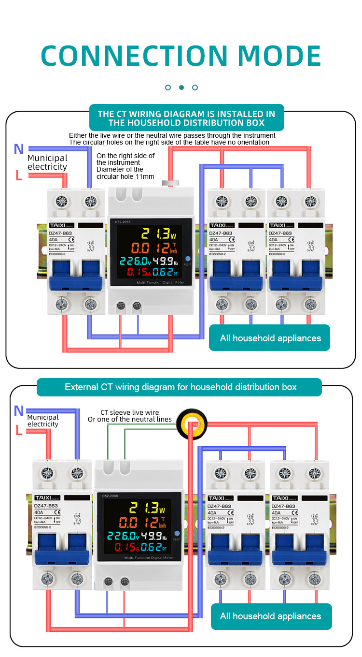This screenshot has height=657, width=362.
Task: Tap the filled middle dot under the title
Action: [x=181, y=88]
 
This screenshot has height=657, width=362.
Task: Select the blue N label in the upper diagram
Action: [x=19, y=149]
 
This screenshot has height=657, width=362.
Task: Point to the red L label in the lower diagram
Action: [x=19, y=430]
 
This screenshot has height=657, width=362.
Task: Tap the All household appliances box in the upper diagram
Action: [x=269, y=338]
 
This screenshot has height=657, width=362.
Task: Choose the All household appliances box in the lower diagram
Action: [x=271, y=616]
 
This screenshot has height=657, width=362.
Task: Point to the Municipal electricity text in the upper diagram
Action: [x=47, y=162]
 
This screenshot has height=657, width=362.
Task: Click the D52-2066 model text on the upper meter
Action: [x=123, y=222]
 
